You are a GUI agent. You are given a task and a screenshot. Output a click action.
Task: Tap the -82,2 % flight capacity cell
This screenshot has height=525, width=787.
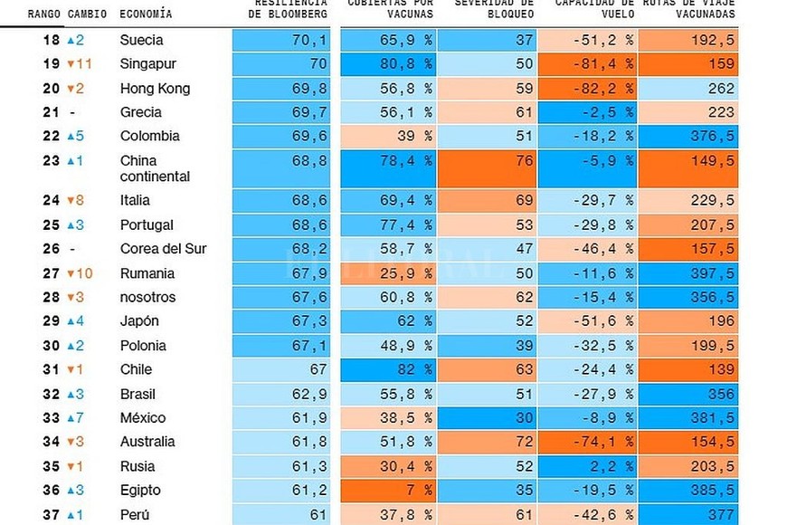point(587,89)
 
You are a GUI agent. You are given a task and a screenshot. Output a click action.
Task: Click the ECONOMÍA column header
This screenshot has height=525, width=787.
point(146,14)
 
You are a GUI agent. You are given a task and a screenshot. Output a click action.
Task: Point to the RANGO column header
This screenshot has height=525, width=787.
point(43,14)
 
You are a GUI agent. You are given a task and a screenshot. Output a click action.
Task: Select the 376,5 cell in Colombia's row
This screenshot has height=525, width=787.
point(688,137)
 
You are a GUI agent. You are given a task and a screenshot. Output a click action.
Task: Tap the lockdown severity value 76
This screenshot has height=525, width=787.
point(486,168)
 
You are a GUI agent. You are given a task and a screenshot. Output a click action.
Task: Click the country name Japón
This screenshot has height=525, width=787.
point(139,321)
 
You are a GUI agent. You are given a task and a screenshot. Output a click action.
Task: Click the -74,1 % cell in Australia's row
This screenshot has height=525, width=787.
point(587,442)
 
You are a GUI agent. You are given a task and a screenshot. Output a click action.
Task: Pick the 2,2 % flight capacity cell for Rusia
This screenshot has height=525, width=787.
point(587,466)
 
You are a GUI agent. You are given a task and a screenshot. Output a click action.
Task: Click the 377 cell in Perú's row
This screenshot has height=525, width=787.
point(688,514)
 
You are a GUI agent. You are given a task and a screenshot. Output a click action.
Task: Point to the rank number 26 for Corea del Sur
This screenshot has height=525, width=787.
point(51,249)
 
